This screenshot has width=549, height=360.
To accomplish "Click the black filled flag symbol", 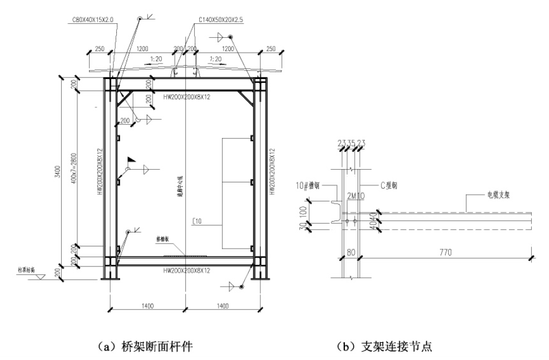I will pyautogui.click(x=131, y=159).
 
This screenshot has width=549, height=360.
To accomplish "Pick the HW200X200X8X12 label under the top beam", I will pyautogui.click(x=186, y=97).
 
